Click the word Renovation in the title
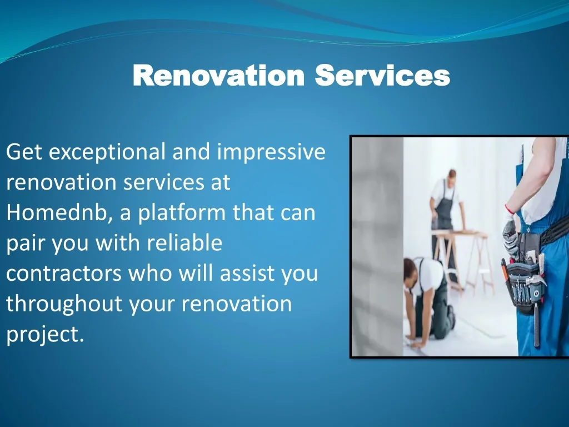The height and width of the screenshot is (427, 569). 218,75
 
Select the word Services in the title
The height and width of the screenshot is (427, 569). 382,75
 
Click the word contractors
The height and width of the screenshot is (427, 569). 64,274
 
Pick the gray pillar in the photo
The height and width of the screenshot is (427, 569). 377,247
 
